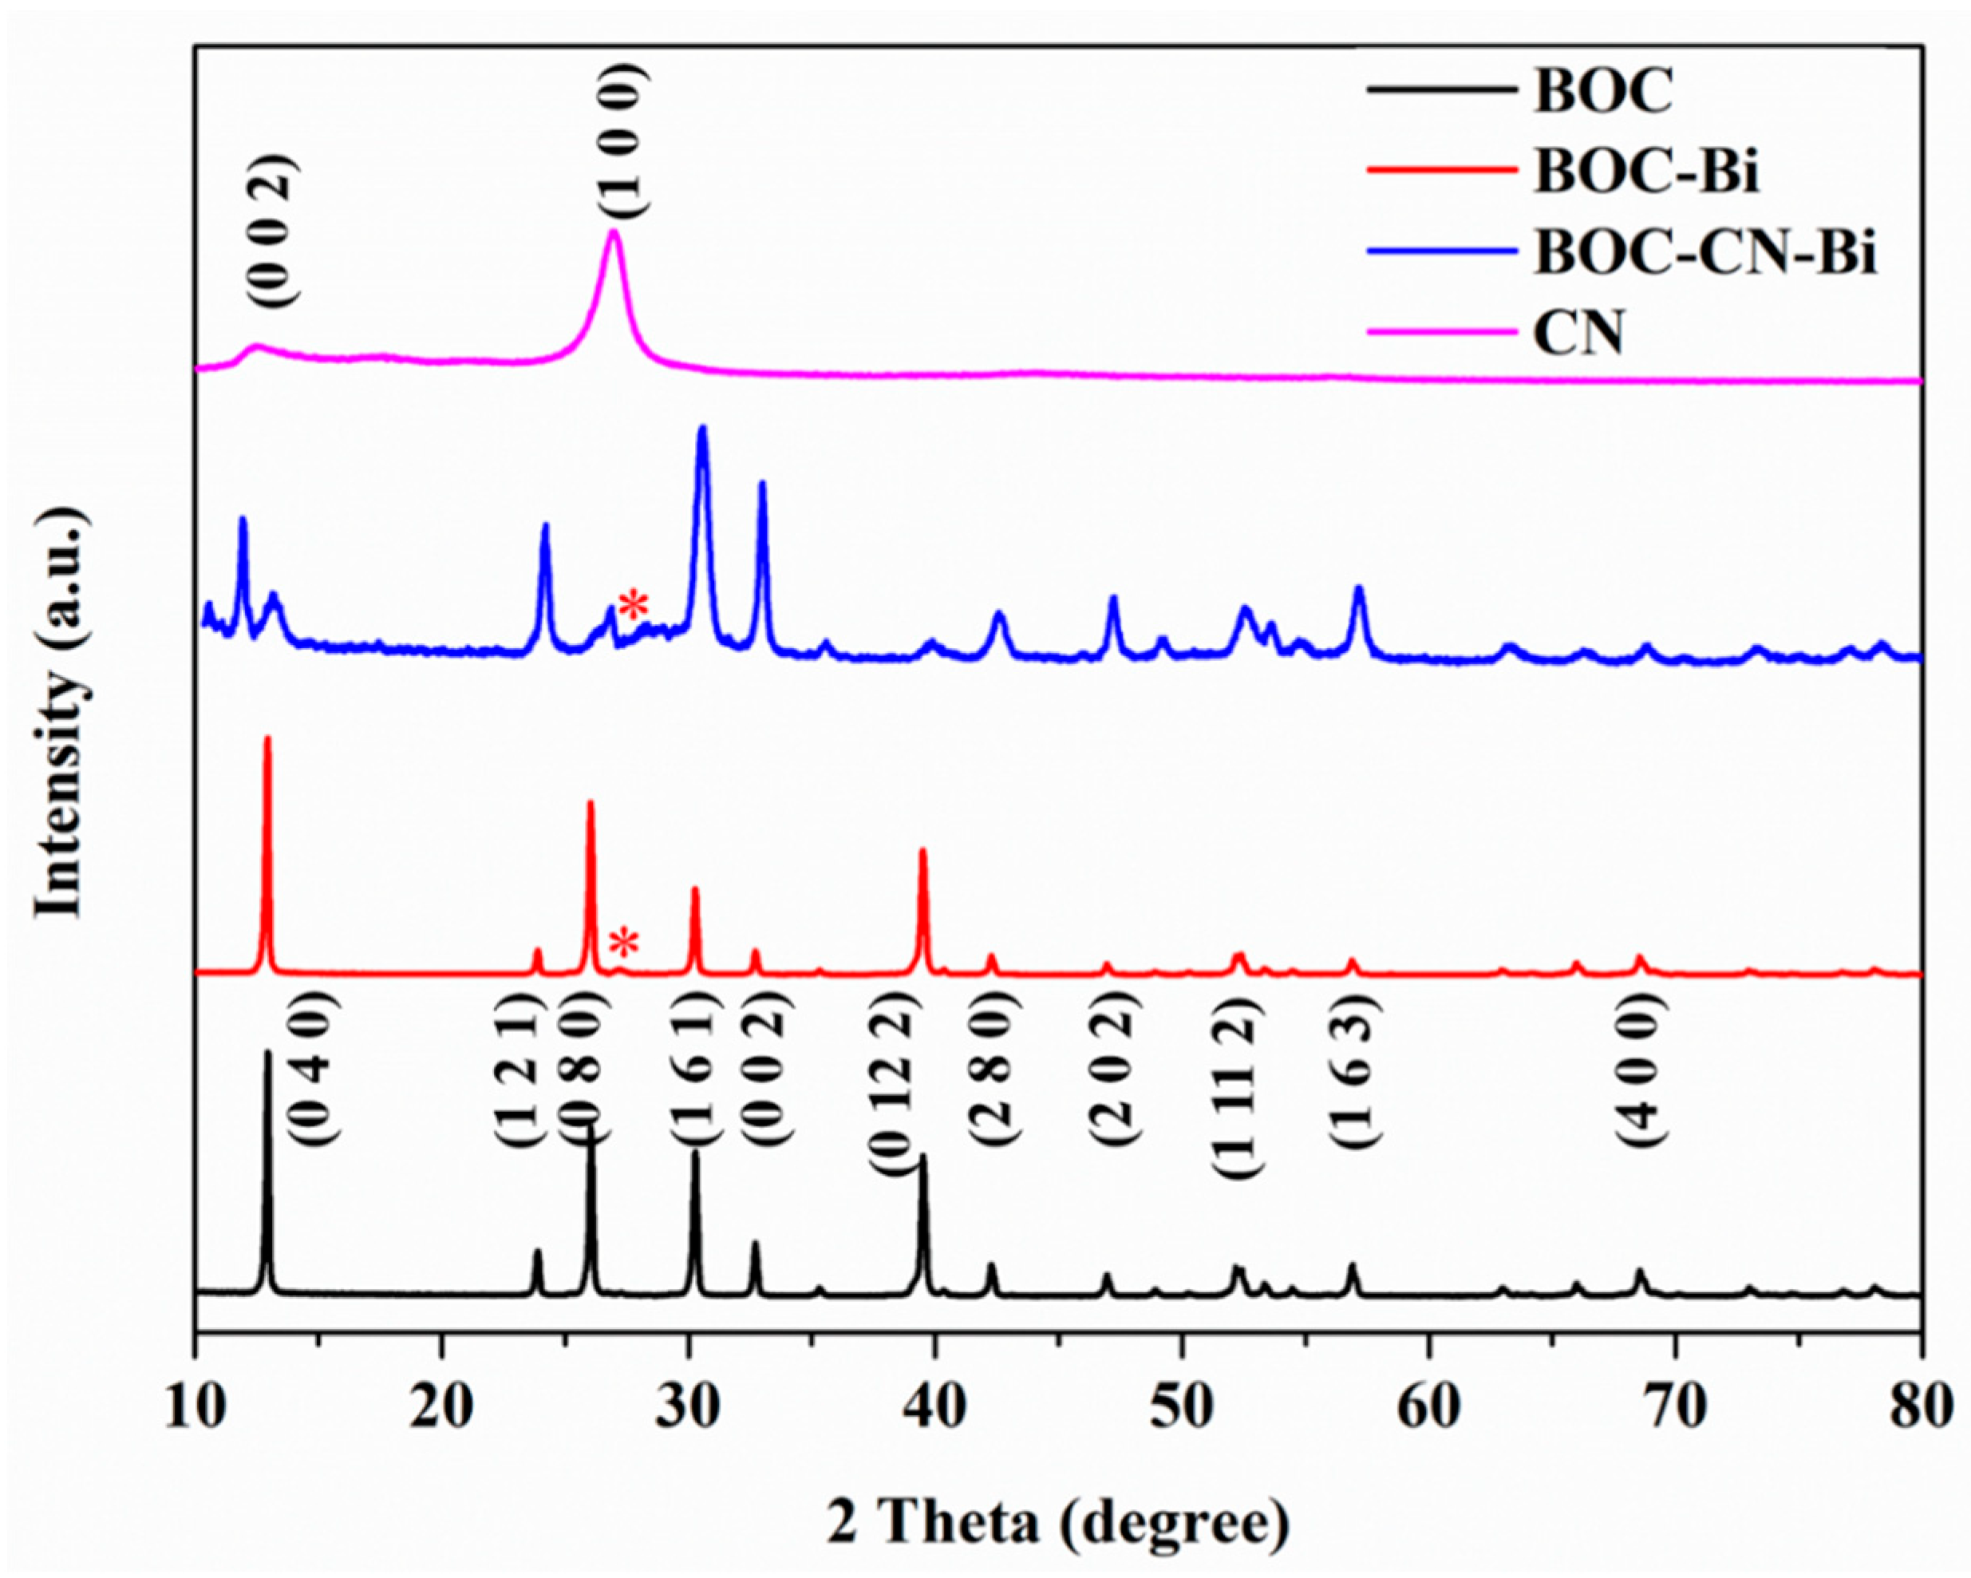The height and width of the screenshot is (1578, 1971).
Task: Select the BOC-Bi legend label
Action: (x=1645, y=172)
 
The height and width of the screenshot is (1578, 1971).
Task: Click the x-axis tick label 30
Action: (x=688, y=1409)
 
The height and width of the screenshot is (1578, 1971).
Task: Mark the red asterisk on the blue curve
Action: (x=634, y=604)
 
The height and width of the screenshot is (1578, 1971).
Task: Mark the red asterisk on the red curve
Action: (x=624, y=943)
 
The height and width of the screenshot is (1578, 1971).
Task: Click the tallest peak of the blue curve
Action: (x=702, y=429)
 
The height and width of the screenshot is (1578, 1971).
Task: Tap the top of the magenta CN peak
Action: (x=614, y=232)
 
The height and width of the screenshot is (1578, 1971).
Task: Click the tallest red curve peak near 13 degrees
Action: (x=267, y=739)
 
